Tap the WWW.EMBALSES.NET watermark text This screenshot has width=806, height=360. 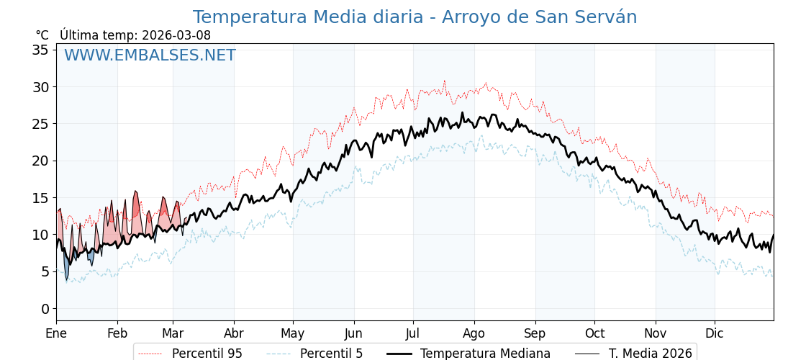[x=150, y=55]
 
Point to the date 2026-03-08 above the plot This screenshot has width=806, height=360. [x=176, y=35]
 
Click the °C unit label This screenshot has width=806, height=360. [x=42, y=35]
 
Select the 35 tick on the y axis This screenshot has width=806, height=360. [x=40, y=50]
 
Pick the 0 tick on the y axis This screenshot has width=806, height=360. [x=45, y=309]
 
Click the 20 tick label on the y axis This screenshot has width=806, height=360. [x=40, y=161]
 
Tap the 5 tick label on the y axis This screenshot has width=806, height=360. [x=45, y=271]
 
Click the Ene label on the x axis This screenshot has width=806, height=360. [x=56, y=333]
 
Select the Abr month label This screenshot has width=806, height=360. [x=233, y=333]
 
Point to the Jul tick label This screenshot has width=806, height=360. [x=413, y=333]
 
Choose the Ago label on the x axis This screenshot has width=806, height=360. [x=474, y=333]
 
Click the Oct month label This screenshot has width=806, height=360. [x=594, y=333]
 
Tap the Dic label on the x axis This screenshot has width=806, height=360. [x=715, y=333]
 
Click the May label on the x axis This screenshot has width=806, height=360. [x=293, y=333]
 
